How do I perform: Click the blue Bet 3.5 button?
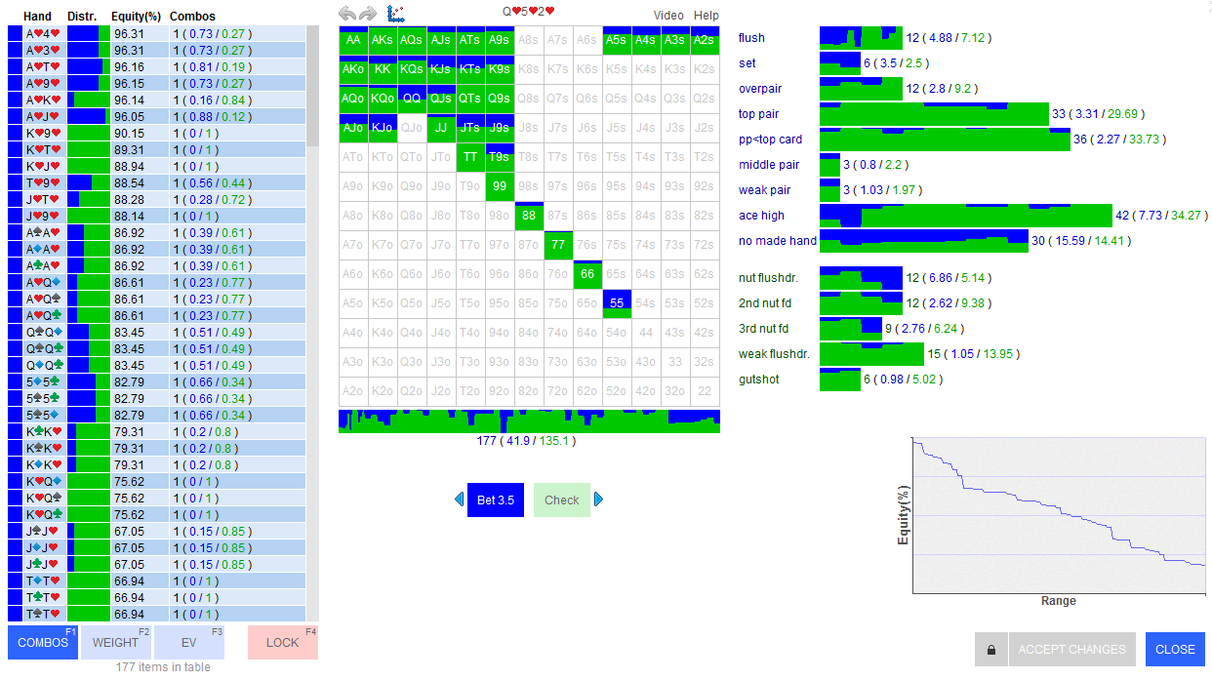click(495, 500)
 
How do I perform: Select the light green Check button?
click(562, 500)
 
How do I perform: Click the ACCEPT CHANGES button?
click(1071, 649)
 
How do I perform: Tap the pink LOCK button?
click(283, 642)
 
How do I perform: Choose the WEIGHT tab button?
click(115, 642)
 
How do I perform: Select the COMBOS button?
click(43, 642)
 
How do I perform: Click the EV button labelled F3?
click(189, 642)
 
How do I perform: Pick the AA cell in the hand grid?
click(353, 40)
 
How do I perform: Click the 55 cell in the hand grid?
click(617, 303)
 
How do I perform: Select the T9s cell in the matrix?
click(500, 157)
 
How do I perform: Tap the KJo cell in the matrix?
click(383, 128)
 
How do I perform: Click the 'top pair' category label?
click(758, 114)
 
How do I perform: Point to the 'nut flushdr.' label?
click(768, 278)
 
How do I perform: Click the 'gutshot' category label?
click(758, 380)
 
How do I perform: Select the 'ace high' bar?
click(965, 216)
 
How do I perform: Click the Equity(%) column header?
click(136, 17)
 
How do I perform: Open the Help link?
click(706, 16)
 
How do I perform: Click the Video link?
click(668, 16)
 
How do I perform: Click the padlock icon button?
click(990, 649)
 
